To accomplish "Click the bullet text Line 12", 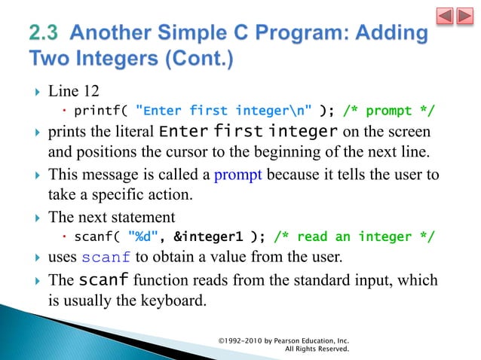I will click(73, 92).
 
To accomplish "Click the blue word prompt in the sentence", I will click(237, 177).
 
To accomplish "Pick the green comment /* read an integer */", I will click(354, 238).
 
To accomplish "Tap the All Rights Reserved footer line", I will click(317, 349).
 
